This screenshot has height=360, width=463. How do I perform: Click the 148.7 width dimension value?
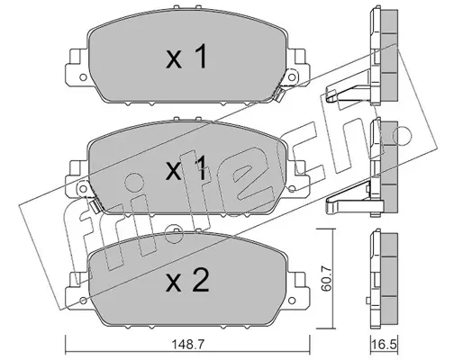[x=188, y=344]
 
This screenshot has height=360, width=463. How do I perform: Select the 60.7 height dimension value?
[x=326, y=278]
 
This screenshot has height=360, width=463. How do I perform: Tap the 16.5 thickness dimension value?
[x=384, y=345]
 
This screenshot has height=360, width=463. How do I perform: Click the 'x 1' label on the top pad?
[x=186, y=57]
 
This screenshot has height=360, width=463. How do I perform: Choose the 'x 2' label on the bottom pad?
[x=187, y=280]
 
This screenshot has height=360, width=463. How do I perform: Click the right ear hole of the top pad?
[x=291, y=77]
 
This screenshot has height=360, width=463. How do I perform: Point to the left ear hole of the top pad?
[x=83, y=77]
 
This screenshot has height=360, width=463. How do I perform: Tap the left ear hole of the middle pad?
[x=83, y=189]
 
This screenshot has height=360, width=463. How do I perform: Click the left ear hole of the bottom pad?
[x=83, y=301]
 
